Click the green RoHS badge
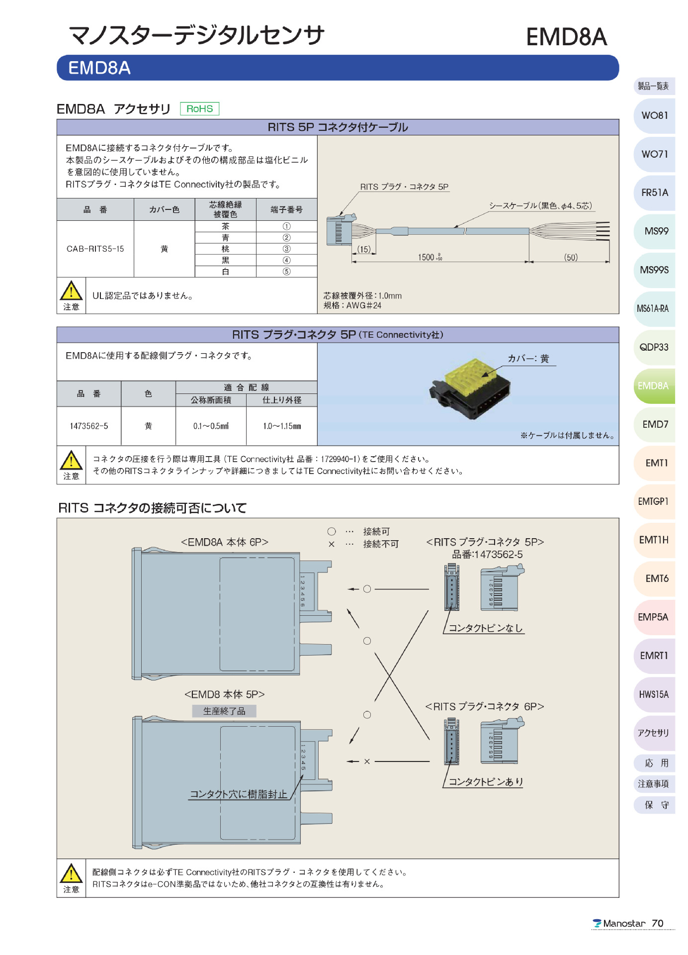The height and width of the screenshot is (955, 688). pyautogui.click(x=199, y=108)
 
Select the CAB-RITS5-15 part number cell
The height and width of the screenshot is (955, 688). pyautogui.click(x=95, y=249)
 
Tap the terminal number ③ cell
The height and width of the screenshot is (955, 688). pyautogui.click(x=286, y=249)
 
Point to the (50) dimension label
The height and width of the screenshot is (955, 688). pyautogui.click(x=571, y=257)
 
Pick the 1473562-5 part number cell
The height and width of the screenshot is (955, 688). pyautogui.click(x=89, y=426)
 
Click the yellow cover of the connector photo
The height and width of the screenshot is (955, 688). pyautogui.click(x=469, y=376)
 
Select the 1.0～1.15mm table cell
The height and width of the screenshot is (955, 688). pyautogui.click(x=282, y=426)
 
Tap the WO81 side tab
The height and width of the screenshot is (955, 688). pyautogui.click(x=654, y=115)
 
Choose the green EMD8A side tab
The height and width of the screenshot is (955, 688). pyautogui.click(x=653, y=386)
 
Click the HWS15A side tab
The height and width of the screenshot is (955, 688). pyautogui.click(x=654, y=694)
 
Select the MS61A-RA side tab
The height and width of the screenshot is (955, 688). pyautogui.click(x=653, y=308)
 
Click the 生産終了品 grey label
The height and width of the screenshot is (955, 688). pyautogui.click(x=224, y=711)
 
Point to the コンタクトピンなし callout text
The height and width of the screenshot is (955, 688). pyautogui.click(x=486, y=628)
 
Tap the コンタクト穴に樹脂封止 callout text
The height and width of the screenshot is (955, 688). pyautogui.click(x=239, y=794)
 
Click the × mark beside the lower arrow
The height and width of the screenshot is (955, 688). pyautogui.click(x=367, y=762)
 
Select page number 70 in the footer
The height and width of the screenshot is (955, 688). pyautogui.click(x=658, y=923)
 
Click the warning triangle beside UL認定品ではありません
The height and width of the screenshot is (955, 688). pyautogui.click(x=72, y=292)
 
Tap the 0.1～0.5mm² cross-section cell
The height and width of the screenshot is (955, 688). pyautogui.click(x=211, y=426)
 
